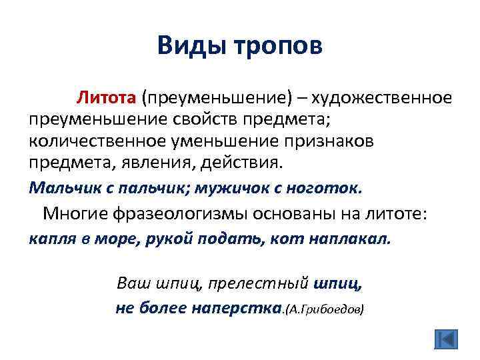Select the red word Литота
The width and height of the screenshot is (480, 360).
[107, 98]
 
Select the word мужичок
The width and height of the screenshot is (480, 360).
[233, 188]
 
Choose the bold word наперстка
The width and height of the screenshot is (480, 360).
[234, 308]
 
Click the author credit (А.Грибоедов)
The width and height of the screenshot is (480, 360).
[324, 309]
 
